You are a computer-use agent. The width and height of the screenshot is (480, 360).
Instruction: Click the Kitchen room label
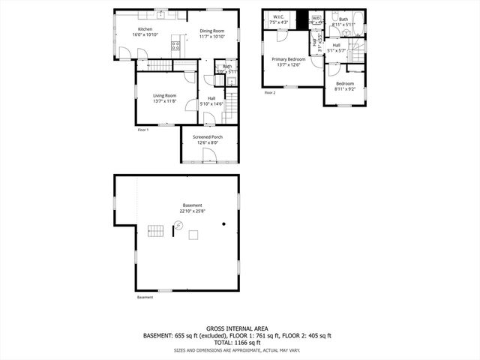pos(145,29)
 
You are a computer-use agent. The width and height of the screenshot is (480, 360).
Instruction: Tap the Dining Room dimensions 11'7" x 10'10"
pos(212,36)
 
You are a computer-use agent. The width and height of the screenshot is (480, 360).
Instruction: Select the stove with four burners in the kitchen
pos(176,46)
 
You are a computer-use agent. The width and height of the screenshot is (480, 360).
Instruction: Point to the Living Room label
pos(165,95)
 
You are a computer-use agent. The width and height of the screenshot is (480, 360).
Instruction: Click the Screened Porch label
pos(208,137)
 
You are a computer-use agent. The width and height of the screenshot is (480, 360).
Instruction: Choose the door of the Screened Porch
pos(210,156)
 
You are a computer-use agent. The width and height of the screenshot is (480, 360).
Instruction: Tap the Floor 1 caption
pos(143,130)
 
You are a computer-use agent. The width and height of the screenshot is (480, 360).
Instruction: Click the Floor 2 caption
pos(270,93)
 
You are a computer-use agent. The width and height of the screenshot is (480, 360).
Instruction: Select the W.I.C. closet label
pos(278,16)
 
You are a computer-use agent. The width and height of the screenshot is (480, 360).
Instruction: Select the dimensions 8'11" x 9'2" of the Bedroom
pos(345,89)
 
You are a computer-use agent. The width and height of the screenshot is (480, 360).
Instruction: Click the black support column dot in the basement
pos(223,223)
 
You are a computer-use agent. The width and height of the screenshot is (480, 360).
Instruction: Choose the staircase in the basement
pos(155,230)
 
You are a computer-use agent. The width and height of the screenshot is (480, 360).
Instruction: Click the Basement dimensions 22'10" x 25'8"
pos(193,211)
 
